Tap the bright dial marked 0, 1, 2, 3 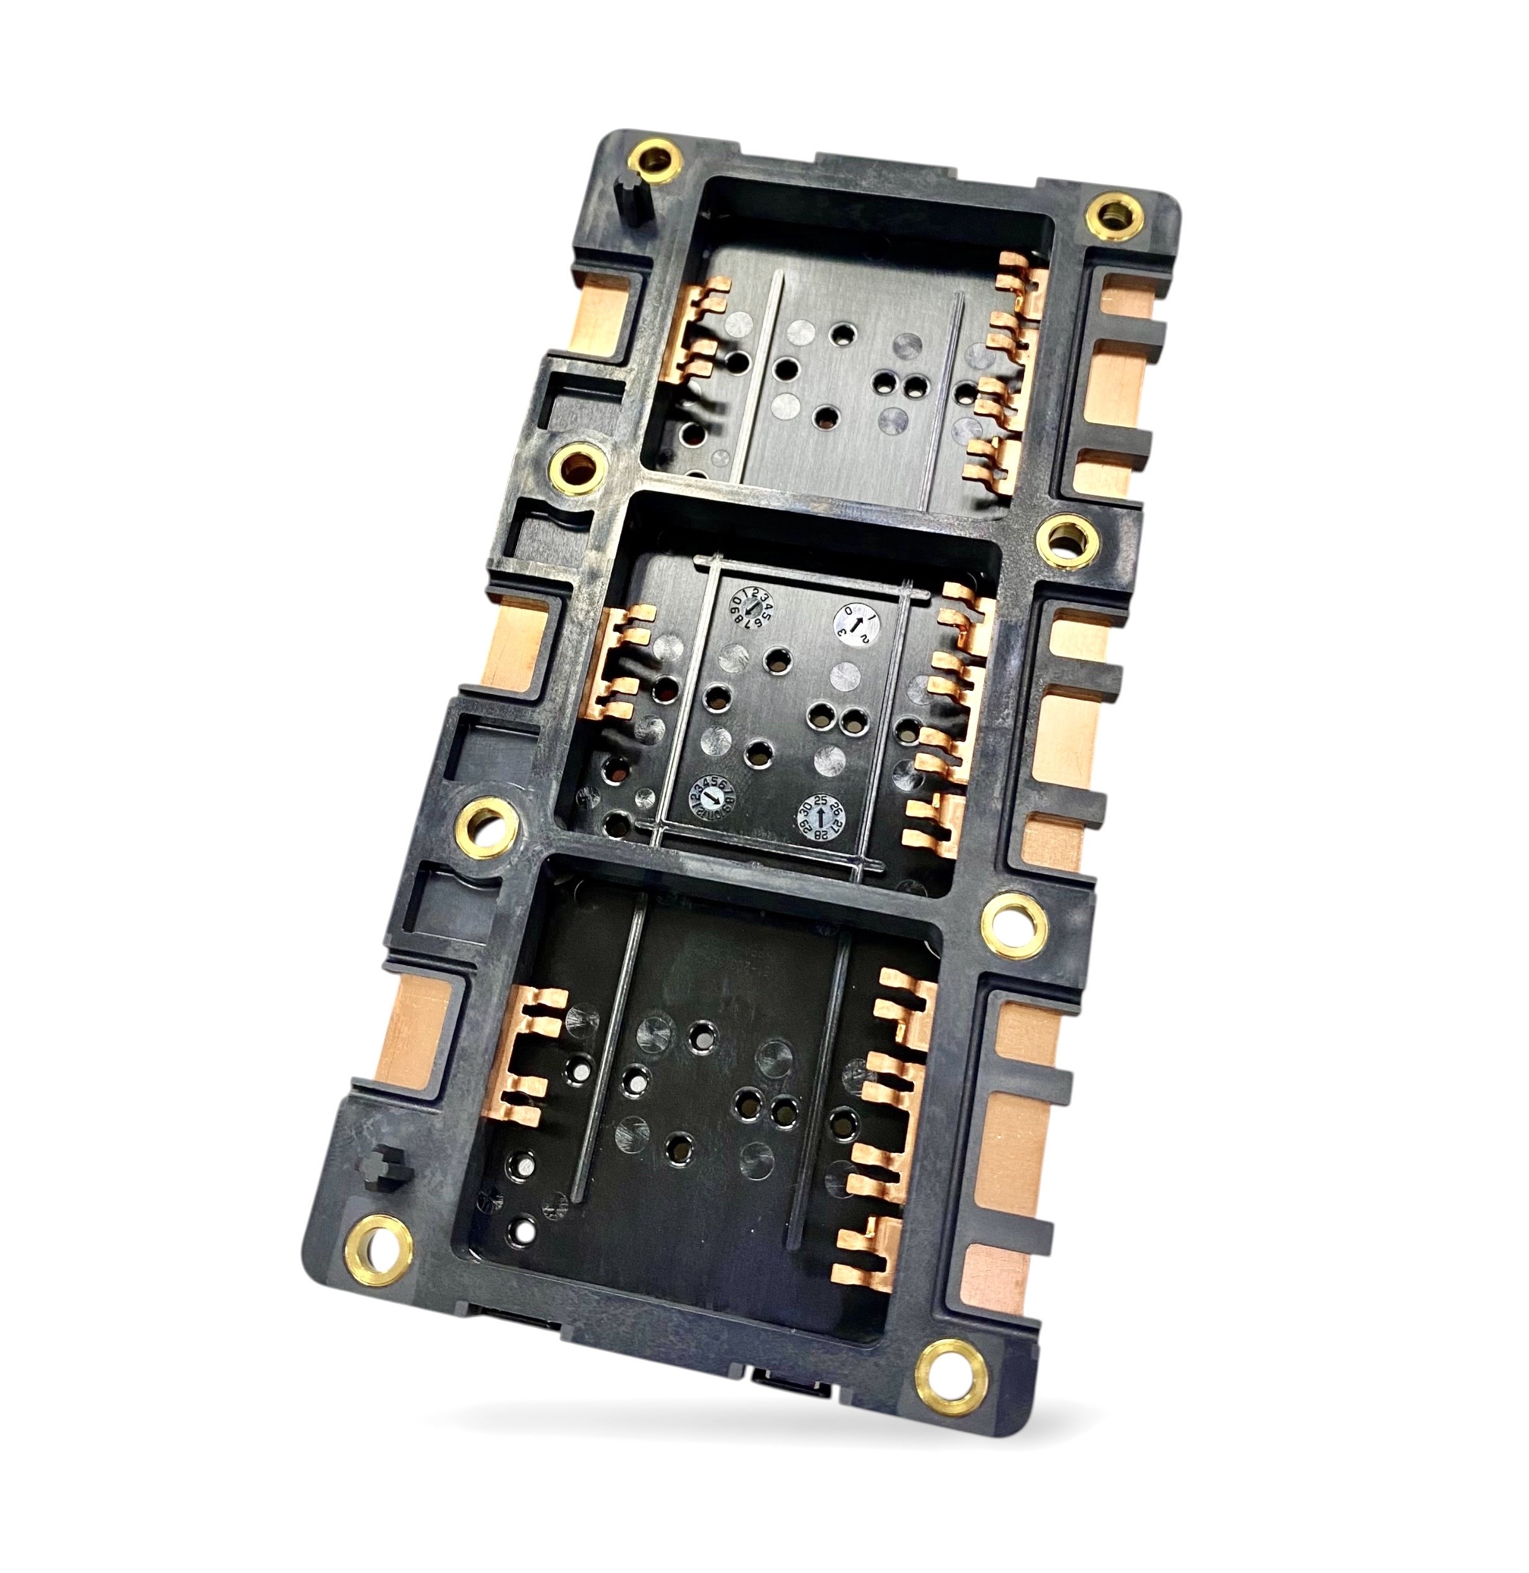pyautogui.click(x=856, y=625)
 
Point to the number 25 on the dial pyautogui.click(x=821, y=800)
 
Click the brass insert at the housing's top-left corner pyautogui.click(x=655, y=158)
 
